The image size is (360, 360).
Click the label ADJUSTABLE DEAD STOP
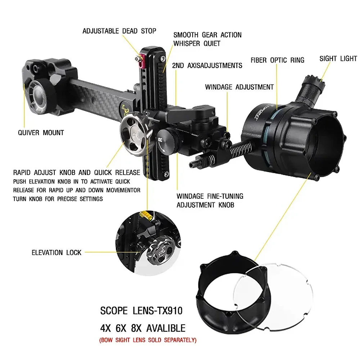pos(119,31)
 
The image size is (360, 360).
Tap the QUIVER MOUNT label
pos(41,132)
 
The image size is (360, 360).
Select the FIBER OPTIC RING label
pos(277,60)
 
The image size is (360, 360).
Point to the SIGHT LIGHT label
pos(338,58)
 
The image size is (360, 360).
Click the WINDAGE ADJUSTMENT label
pos(239,87)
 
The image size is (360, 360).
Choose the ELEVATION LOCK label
pos(57,252)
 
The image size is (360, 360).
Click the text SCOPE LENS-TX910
pos(141,310)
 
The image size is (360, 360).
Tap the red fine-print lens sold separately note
pos(148,339)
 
